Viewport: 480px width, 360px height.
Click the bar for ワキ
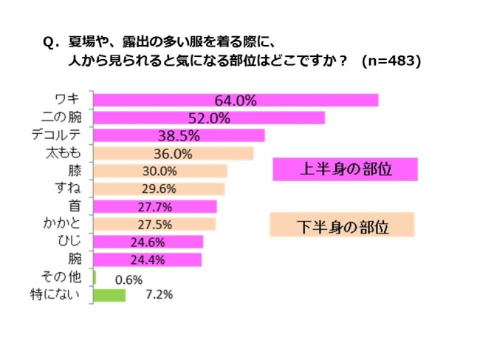[x=236, y=100]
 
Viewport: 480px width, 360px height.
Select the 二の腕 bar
[x=210, y=118]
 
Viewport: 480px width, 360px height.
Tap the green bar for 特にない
[x=110, y=295]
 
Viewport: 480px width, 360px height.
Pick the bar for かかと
[x=155, y=224]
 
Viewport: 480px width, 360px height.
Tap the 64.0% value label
[x=236, y=100]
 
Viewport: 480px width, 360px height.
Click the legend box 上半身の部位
[x=344, y=169]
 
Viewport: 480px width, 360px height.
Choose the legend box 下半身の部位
[x=341, y=223]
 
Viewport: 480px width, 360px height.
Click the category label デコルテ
[x=66, y=135]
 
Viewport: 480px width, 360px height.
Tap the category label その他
[x=73, y=277]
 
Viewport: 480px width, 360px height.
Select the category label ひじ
[x=79, y=242]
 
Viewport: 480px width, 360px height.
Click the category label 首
[x=84, y=206]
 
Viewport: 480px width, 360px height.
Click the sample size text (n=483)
[x=391, y=62]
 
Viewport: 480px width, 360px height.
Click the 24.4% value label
[x=154, y=259]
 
